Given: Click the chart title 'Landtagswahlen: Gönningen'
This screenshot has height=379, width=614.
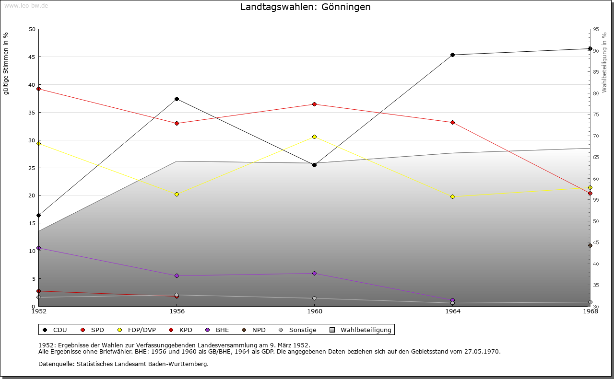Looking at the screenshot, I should [305, 7].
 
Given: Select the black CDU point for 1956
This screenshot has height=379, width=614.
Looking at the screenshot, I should [177, 99].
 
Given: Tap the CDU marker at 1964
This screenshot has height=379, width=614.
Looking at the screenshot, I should [452, 55].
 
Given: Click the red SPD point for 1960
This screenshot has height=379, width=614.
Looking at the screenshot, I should [314, 104].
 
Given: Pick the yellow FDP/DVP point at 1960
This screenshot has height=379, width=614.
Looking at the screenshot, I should [314, 137].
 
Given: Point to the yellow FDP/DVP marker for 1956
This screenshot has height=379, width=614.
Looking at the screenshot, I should [177, 194].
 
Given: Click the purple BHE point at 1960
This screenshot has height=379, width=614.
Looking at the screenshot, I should [314, 273].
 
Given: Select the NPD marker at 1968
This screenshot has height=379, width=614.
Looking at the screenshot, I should [590, 245].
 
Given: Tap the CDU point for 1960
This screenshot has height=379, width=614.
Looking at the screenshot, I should [314, 165].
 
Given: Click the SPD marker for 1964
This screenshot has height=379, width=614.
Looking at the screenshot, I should [452, 122].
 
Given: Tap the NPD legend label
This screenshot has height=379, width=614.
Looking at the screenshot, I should [259, 330].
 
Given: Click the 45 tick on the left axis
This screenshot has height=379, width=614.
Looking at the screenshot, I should [32, 57].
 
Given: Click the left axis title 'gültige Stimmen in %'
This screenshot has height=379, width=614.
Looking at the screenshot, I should [6, 63].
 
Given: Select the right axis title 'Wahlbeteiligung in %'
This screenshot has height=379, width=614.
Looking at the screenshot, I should [604, 62].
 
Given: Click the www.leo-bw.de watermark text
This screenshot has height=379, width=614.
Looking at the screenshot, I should [26, 5].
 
